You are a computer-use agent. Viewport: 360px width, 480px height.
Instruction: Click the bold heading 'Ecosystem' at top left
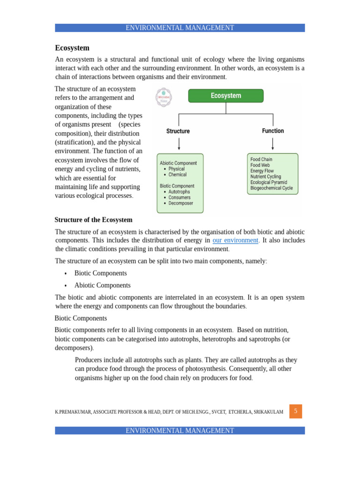click(72, 48)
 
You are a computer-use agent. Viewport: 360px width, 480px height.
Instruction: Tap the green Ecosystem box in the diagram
click(225, 96)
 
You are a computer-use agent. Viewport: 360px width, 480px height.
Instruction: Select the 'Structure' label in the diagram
click(178, 131)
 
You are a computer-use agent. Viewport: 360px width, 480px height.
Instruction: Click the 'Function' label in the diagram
click(273, 131)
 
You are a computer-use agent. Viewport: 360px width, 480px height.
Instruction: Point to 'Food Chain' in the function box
click(261, 159)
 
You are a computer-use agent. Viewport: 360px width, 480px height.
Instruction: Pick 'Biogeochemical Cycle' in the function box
click(271, 188)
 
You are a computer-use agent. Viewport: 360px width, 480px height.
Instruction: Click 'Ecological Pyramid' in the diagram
click(269, 182)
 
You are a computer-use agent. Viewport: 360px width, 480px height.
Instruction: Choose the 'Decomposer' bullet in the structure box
click(180, 203)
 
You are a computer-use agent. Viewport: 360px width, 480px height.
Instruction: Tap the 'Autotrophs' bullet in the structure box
click(179, 192)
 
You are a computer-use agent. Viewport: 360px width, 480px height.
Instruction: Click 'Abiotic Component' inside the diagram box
click(178, 163)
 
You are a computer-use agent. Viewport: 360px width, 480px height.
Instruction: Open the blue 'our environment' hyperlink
click(235, 240)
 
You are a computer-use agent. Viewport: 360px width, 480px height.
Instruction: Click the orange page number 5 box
click(296, 411)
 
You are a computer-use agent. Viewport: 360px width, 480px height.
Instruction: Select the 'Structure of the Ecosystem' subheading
click(93, 220)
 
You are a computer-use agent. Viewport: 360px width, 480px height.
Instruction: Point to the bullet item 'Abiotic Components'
click(102, 285)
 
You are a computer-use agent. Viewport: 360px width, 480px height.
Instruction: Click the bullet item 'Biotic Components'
click(100, 273)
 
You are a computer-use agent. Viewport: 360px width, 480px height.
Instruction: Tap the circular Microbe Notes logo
click(164, 97)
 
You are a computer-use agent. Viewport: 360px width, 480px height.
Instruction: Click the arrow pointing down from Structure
click(179, 144)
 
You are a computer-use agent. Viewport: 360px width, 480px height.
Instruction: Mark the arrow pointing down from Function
click(272, 143)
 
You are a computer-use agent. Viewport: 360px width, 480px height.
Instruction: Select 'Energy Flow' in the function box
click(262, 171)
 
